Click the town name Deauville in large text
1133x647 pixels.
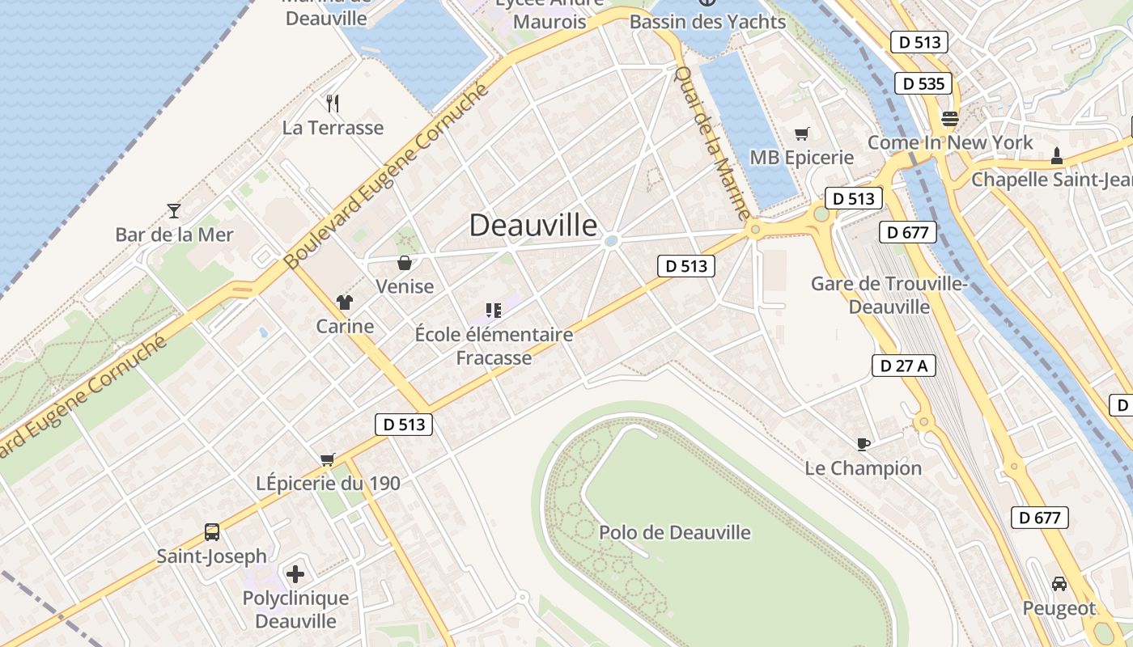click(x=533, y=225)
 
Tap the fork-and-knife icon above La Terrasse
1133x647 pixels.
click(x=332, y=103)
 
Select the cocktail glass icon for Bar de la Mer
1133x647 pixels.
click(x=174, y=211)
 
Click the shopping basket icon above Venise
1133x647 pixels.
click(x=404, y=263)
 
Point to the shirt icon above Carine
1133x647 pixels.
click(x=345, y=302)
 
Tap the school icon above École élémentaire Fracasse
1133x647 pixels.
click(x=493, y=310)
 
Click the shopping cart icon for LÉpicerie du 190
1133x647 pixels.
click(x=328, y=459)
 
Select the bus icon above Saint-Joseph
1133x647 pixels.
click(x=211, y=532)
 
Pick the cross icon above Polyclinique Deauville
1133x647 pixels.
click(x=295, y=574)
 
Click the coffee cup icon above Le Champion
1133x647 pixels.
click(x=864, y=443)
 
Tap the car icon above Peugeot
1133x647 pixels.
click(x=1059, y=583)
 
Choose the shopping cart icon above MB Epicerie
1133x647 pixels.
click(x=801, y=133)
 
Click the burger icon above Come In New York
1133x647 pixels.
click(x=949, y=119)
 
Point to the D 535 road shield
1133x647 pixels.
click(x=923, y=83)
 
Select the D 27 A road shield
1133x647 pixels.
click(x=904, y=366)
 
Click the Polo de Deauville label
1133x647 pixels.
click(x=675, y=533)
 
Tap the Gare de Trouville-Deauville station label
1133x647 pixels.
click(x=889, y=295)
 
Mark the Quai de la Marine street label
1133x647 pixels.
click(x=712, y=142)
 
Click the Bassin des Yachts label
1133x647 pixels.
click(x=707, y=22)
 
